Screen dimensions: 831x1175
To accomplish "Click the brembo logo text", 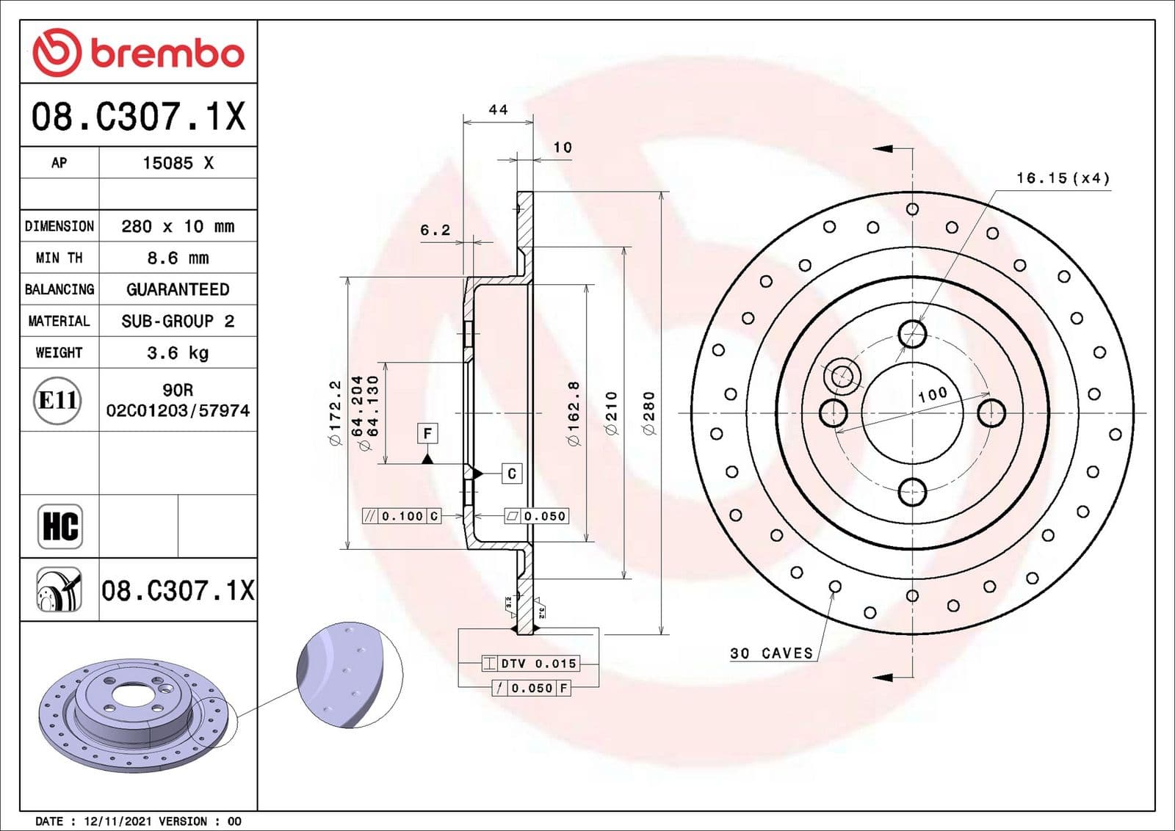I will click(x=167, y=53).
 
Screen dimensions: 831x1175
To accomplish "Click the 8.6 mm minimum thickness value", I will click(x=178, y=258).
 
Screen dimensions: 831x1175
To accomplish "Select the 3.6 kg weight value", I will click(x=178, y=352).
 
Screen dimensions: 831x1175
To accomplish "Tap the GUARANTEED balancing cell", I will click(x=178, y=289).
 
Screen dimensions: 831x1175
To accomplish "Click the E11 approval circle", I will click(x=57, y=400).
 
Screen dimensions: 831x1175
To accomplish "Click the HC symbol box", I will click(x=60, y=526).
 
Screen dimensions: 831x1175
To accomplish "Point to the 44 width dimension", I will click(x=498, y=109).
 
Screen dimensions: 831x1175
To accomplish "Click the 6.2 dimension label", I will click(x=435, y=230).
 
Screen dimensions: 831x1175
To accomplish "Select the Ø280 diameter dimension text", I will click(x=649, y=413).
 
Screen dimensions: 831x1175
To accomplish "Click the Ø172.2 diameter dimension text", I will click(x=335, y=413).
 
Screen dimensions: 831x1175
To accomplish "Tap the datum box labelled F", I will click(x=427, y=433).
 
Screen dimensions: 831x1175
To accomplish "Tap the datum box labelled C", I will click(x=512, y=473).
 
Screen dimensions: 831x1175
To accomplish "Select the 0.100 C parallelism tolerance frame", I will click(x=402, y=516).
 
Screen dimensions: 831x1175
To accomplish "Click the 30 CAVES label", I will click(x=771, y=653).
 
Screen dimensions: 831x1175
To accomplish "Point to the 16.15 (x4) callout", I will click(x=1062, y=178).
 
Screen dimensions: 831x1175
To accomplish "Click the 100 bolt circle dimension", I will click(x=933, y=394).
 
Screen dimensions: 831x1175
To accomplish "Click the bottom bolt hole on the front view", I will click(x=912, y=491).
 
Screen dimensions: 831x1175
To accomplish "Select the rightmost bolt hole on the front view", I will click(x=991, y=413).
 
